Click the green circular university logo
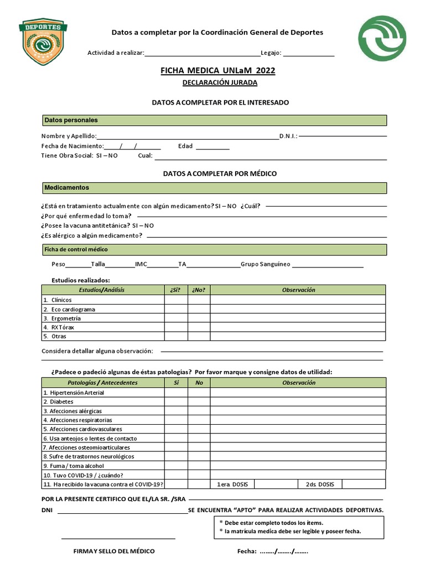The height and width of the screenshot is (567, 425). pyautogui.click(x=382, y=38)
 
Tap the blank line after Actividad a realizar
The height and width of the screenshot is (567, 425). pyautogui.click(x=202, y=54)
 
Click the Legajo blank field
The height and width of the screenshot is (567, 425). pyautogui.click(x=309, y=54)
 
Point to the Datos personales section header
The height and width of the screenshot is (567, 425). pyautogui.click(x=214, y=120)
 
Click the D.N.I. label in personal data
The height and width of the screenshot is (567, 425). pyautogui.click(x=288, y=136)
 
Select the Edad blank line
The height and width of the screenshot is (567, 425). pyautogui.click(x=212, y=147)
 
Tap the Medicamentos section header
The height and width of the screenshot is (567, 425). pyautogui.click(x=214, y=188)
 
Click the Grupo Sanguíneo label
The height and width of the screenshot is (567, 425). pyautogui.click(x=265, y=264)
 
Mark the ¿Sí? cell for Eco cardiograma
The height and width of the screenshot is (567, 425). pyautogui.click(x=176, y=309)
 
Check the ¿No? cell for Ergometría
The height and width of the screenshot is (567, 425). pyautogui.click(x=199, y=318)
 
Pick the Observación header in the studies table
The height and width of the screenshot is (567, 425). pyautogui.click(x=298, y=290)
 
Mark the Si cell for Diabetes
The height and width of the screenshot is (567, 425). pyautogui.click(x=176, y=401)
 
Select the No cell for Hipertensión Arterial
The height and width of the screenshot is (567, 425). pyautogui.click(x=199, y=393)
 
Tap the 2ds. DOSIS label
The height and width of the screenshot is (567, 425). pyautogui.click(x=320, y=484)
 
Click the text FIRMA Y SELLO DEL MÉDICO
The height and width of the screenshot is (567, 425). pyautogui.click(x=114, y=551)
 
